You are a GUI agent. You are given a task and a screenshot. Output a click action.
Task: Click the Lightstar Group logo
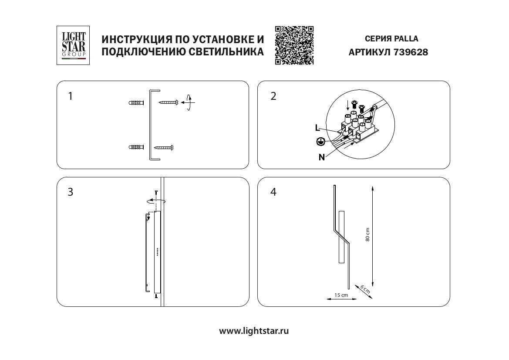[73, 45]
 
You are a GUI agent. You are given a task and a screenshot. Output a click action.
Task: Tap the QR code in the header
[294, 45]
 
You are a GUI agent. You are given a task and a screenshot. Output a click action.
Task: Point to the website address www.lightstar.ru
[254, 331]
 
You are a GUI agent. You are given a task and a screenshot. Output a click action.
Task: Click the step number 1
[71, 96]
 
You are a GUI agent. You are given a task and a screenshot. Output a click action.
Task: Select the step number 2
[273, 96]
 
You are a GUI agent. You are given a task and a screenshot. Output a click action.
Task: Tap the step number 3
[71, 192]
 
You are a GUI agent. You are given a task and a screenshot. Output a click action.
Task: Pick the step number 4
[273, 192]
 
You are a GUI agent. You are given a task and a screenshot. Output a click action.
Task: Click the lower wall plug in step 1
[136, 147]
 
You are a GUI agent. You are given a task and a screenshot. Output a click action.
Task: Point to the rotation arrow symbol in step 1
[188, 103]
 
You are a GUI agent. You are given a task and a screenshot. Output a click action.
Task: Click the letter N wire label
[321, 157]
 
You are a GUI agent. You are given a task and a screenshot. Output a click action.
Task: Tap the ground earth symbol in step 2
[320, 141]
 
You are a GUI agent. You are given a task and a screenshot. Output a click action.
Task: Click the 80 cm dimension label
[367, 235]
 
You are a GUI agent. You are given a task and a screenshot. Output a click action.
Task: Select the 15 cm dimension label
[341, 295]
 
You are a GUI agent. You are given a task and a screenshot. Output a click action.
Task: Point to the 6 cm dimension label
[365, 289]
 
